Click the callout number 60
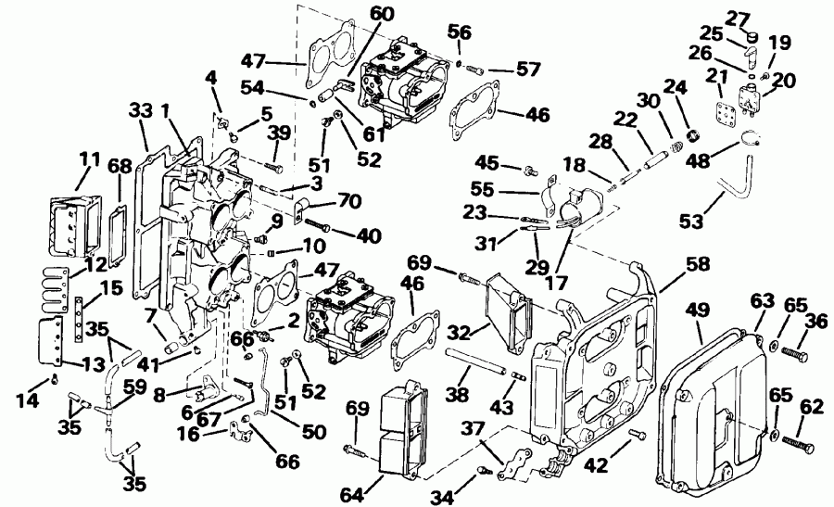click(355, 14)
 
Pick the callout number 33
click(140, 111)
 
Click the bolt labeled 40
click(314, 226)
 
